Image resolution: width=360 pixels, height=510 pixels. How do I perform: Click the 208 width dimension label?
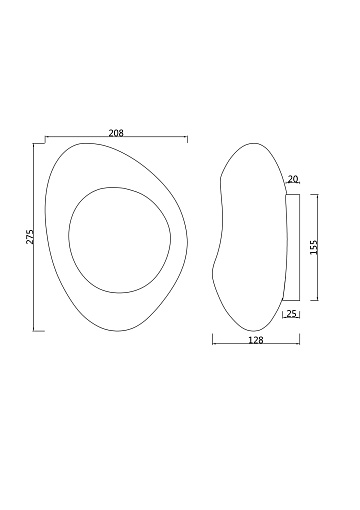click(116, 133)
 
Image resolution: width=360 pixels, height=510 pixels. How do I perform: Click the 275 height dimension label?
click(30, 237)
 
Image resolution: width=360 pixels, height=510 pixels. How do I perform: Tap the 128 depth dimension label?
click(256, 340)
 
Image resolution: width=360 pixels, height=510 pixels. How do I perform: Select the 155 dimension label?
click(314, 247)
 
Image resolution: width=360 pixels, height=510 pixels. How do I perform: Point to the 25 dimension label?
click(292, 314)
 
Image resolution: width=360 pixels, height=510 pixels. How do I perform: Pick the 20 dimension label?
click(292, 179)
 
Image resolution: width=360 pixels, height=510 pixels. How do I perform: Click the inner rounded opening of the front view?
click(119, 240)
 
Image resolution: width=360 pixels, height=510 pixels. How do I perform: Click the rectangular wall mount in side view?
click(292, 247)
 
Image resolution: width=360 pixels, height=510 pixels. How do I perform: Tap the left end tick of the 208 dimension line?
click(45, 136)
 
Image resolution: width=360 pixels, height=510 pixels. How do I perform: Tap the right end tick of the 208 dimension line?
click(187, 138)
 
